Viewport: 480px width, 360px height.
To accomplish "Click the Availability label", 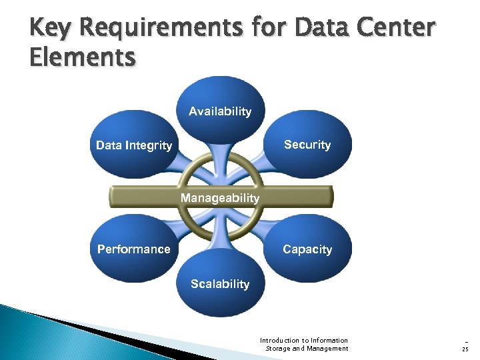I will [x=220, y=111].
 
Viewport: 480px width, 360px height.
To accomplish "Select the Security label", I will [x=307, y=145].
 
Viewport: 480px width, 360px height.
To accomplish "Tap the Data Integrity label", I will [x=134, y=145].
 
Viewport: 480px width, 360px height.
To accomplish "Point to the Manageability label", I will [x=220, y=198].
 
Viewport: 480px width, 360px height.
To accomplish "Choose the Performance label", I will [x=134, y=249].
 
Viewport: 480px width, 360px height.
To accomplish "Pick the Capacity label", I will [x=307, y=249].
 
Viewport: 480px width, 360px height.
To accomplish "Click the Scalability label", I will [x=220, y=284].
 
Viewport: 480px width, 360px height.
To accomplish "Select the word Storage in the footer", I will [x=279, y=348].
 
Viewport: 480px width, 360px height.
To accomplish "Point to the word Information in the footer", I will [x=331, y=340].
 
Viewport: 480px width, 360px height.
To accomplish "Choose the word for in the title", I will [x=271, y=29].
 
